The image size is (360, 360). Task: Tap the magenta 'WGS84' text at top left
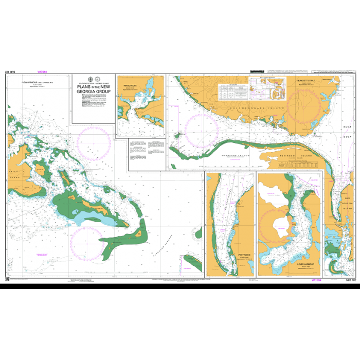click(42, 73)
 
